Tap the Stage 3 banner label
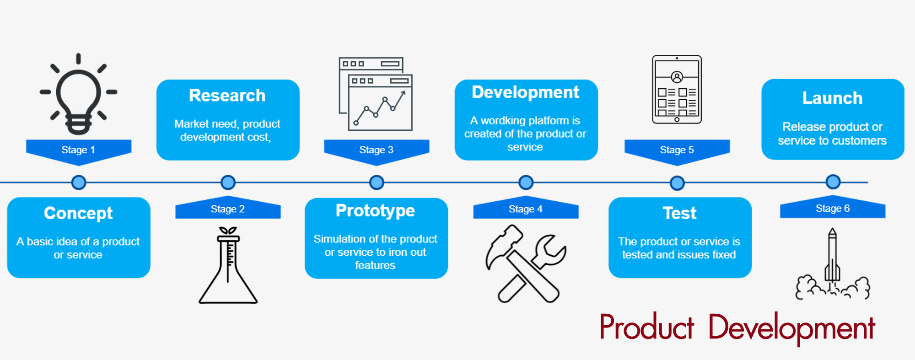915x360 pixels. click(376, 150)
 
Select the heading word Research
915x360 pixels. click(227, 96)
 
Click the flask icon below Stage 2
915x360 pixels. click(228, 265)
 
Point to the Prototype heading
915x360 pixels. click(375, 210)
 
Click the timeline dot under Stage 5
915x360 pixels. click(677, 183)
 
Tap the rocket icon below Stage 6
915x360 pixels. click(833, 265)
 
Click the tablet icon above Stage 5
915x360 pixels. click(677, 89)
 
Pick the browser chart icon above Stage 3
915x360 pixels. click(376, 94)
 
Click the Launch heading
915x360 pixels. click(832, 98)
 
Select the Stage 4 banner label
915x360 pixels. click(525, 209)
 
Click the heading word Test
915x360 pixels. click(679, 213)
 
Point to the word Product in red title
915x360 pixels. click(646, 328)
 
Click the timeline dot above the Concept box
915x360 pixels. click(79, 183)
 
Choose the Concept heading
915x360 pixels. click(78, 213)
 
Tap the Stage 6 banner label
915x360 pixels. click(832, 209)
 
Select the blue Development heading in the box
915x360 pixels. click(525, 92)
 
